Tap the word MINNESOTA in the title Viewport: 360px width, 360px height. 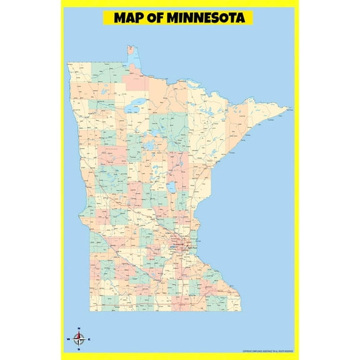pos(207,17)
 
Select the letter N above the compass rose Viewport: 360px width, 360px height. pos(79,328)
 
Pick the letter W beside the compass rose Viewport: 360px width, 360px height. pos(68,339)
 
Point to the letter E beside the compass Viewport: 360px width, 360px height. pos(89,339)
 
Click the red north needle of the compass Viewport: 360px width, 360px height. pos(79,334)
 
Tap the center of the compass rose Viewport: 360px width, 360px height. pos(79,339)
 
